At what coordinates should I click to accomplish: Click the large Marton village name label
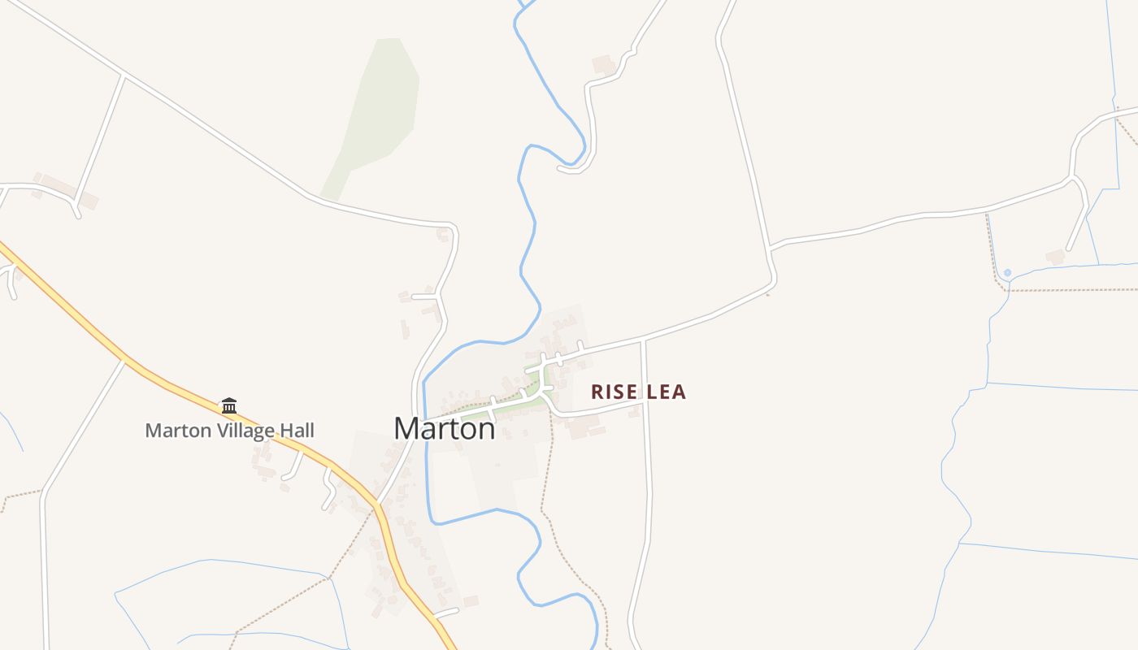coord(444,428)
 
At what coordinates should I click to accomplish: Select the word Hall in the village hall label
coord(295,431)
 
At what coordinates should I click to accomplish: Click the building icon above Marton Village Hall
coord(229,405)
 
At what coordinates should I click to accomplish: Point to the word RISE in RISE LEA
coord(615,392)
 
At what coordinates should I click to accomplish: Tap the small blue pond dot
coord(1007,272)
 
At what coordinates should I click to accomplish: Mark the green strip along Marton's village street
coord(520,398)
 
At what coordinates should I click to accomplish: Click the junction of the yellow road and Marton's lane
coord(378,502)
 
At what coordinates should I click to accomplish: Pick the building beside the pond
coord(1055,257)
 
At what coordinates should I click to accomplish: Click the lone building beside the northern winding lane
coord(603,64)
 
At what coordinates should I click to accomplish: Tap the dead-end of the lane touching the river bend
coord(561,168)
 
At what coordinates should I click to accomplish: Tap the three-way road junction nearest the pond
coord(1073,178)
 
